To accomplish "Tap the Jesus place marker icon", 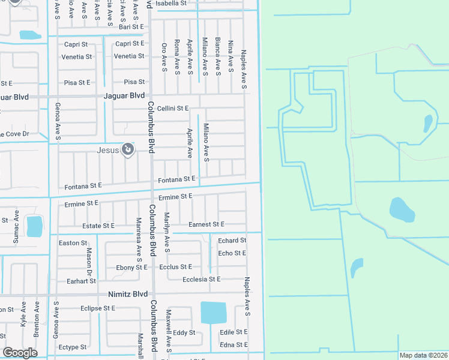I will click(x=127, y=149).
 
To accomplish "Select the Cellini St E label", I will click(x=173, y=108).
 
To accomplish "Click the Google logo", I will click(x=20, y=353).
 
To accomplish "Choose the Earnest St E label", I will click(x=206, y=224).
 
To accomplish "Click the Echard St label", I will click(x=232, y=241).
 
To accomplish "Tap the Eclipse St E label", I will click(x=97, y=308).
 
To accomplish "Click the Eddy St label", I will click(x=184, y=332).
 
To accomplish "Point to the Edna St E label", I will click(x=234, y=345).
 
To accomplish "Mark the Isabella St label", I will click(x=171, y=3).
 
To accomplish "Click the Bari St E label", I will click(x=131, y=27).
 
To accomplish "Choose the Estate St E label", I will click(x=98, y=226).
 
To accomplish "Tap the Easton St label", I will click(x=73, y=243).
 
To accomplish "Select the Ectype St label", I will click(x=73, y=347).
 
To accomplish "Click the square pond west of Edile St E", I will click(x=214, y=313).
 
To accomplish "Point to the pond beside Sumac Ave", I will click(x=35, y=226).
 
